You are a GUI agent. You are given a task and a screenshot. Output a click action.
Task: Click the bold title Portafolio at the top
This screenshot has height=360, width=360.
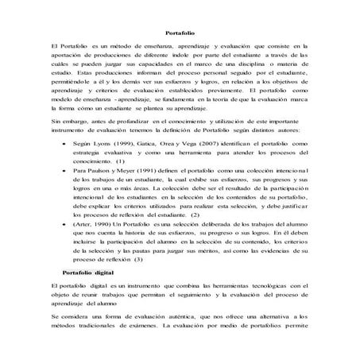pos(179,33)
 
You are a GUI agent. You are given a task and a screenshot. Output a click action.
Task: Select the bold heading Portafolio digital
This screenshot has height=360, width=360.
pos(84,270)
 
